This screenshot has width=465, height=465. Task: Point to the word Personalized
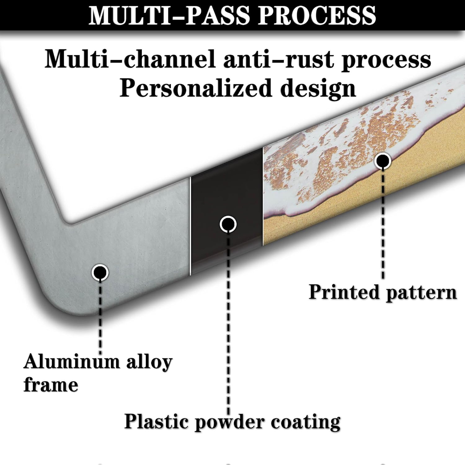pos(196,89)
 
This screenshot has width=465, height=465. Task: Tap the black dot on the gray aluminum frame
pos(100,272)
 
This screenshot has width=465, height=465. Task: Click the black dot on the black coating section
pos(228,224)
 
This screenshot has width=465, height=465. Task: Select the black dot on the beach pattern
pos(383,161)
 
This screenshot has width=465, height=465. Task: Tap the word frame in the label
pos(51,385)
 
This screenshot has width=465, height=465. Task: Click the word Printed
pos(344,292)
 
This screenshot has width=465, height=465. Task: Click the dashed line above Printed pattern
pos(383,223)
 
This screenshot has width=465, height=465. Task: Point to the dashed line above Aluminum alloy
pos(100,316)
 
